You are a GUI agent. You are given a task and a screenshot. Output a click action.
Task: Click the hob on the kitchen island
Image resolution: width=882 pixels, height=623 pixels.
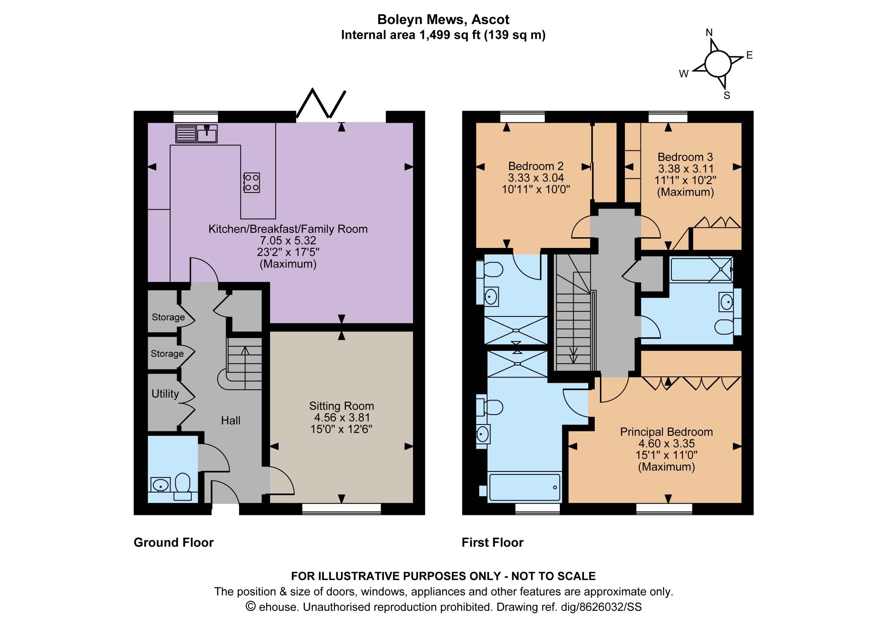point(252,182)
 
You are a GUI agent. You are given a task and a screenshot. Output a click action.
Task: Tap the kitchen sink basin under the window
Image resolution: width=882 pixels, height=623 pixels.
point(207,134)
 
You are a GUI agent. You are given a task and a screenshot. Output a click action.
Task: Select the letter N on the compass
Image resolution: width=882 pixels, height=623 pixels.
point(709,33)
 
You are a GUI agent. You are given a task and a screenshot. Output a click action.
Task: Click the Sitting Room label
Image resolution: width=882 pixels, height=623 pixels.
point(342,406)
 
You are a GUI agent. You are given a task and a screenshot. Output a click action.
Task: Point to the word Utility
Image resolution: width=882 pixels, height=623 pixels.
point(165,394)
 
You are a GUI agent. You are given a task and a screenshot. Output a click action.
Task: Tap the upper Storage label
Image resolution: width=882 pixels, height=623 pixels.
point(168,317)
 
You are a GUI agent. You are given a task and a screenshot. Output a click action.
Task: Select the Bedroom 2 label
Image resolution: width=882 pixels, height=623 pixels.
point(536,166)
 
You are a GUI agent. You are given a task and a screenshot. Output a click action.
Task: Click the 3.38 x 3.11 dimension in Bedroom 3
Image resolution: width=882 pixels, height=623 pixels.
point(686,169)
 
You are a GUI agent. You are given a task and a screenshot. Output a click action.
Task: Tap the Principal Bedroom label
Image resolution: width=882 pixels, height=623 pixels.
point(666,432)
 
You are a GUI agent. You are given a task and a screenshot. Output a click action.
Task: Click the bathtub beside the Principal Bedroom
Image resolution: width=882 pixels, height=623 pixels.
point(525,487)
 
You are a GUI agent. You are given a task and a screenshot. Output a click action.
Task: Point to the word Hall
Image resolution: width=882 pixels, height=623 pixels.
point(231,421)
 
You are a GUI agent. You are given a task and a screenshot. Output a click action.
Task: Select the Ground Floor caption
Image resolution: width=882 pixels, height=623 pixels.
point(174,542)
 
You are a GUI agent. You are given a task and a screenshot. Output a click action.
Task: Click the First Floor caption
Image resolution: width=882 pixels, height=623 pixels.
point(492,542)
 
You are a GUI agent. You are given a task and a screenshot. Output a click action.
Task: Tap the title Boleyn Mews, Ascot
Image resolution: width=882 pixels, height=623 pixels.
point(443,19)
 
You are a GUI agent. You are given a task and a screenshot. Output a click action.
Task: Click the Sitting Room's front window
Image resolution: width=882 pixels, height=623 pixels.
point(342,509)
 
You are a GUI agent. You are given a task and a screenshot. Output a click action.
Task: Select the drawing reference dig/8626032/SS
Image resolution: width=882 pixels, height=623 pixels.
point(601,607)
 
